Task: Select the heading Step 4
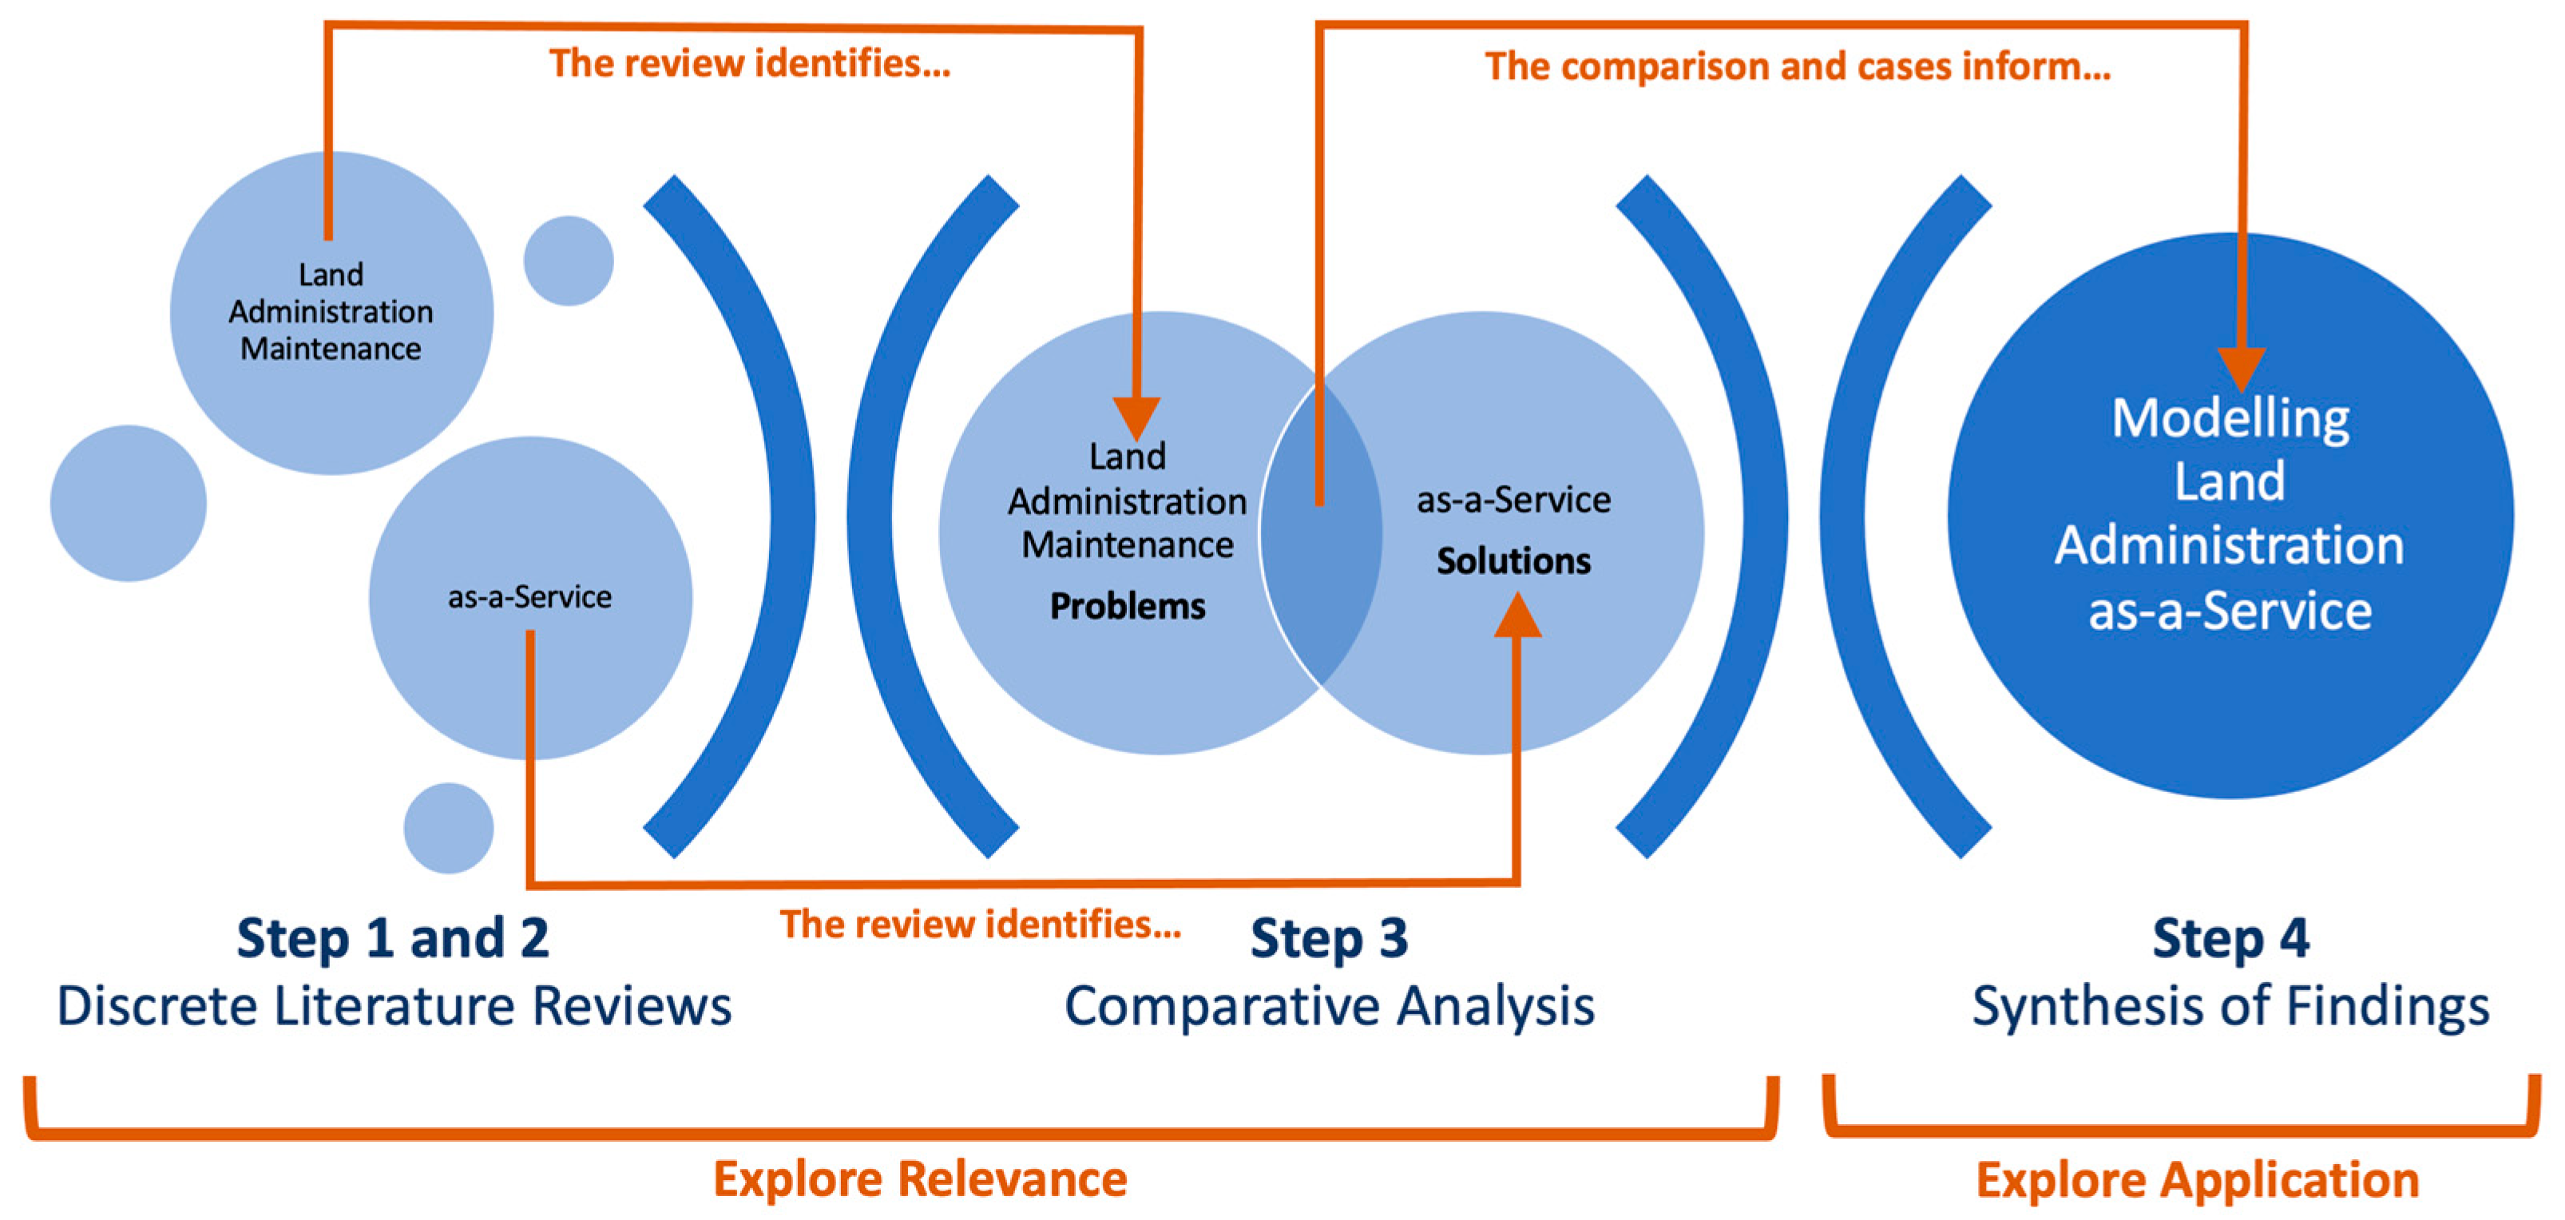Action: [x=2230, y=938]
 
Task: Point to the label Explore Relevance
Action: [x=920, y=1179]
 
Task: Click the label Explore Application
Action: [x=2198, y=1180]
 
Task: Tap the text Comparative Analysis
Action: [x=1330, y=1006]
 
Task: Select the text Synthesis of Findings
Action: [x=2230, y=1006]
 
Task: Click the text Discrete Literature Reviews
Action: [x=394, y=1006]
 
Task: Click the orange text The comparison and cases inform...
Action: [x=1798, y=67]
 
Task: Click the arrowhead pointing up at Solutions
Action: [x=1516, y=616]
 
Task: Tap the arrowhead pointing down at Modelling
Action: [x=2242, y=370]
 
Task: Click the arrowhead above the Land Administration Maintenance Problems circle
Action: [x=1136, y=418]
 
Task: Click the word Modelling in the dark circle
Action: [x=2230, y=418]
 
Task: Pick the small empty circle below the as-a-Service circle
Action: [x=448, y=828]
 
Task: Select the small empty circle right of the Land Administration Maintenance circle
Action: [x=569, y=261]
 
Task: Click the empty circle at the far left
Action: [x=129, y=503]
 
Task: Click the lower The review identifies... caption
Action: [x=980, y=925]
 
